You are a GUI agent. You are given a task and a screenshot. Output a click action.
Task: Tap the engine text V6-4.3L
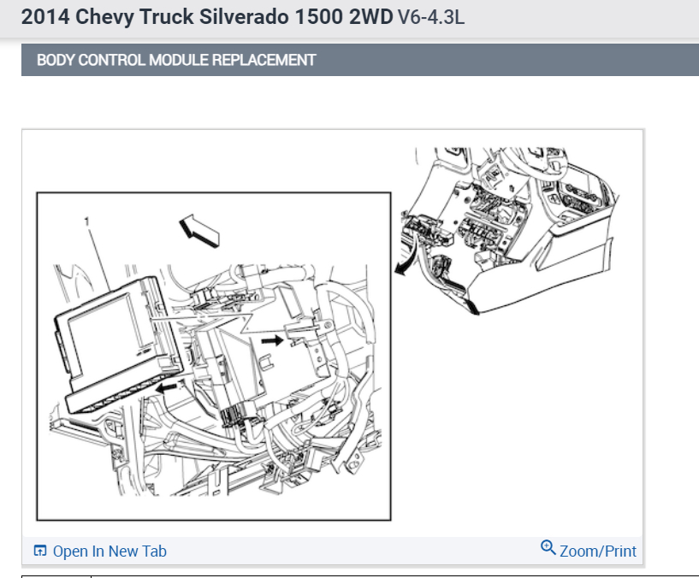pos(431,18)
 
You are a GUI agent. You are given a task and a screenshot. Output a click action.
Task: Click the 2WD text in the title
pos(370,18)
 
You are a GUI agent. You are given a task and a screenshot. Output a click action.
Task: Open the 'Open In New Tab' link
pos(110,551)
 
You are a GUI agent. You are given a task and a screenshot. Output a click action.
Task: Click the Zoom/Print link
pos(598,551)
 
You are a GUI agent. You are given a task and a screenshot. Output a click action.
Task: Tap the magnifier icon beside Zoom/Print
pos(548,548)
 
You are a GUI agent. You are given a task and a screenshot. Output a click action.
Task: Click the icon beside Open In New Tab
pos(40,551)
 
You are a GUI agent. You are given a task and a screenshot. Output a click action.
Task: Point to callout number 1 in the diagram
pos(86,222)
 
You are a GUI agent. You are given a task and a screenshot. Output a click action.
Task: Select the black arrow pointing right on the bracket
pos(271,340)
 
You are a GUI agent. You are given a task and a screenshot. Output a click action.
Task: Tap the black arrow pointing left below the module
pos(167,388)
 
